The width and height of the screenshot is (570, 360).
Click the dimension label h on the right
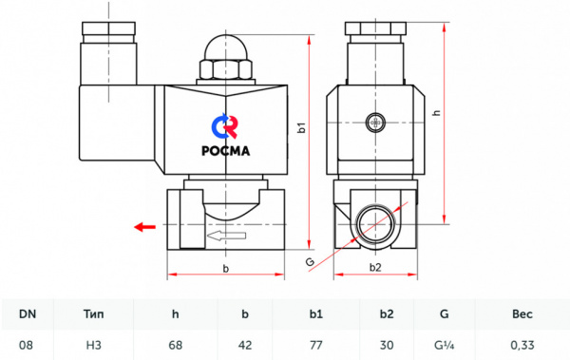pos(436,112)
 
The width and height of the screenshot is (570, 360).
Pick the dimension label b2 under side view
pos(374,268)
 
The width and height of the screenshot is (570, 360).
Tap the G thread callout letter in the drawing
pos(310,261)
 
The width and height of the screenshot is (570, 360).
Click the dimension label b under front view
pos(224,268)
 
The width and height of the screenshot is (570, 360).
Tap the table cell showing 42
pos(244,344)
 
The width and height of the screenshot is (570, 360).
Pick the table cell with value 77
pos(315,344)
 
